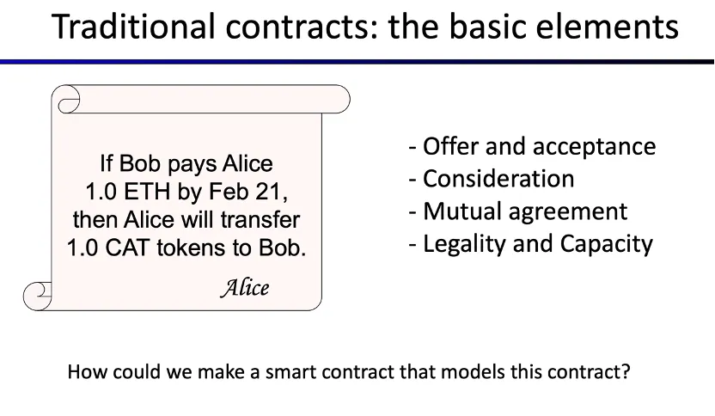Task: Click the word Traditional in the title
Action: [133, 27]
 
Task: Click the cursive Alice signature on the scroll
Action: [245, 288]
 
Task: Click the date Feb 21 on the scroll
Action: [248, 192]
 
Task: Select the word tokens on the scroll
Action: [192, 248]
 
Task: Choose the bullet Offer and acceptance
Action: [532, 146]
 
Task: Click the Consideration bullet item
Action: [492, 179]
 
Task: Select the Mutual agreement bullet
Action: [518, 211]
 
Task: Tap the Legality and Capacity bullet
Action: [531, 244]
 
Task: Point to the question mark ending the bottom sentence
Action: [625, 371]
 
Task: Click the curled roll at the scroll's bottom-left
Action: [38, 296]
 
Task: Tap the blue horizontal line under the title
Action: [357, 62]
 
